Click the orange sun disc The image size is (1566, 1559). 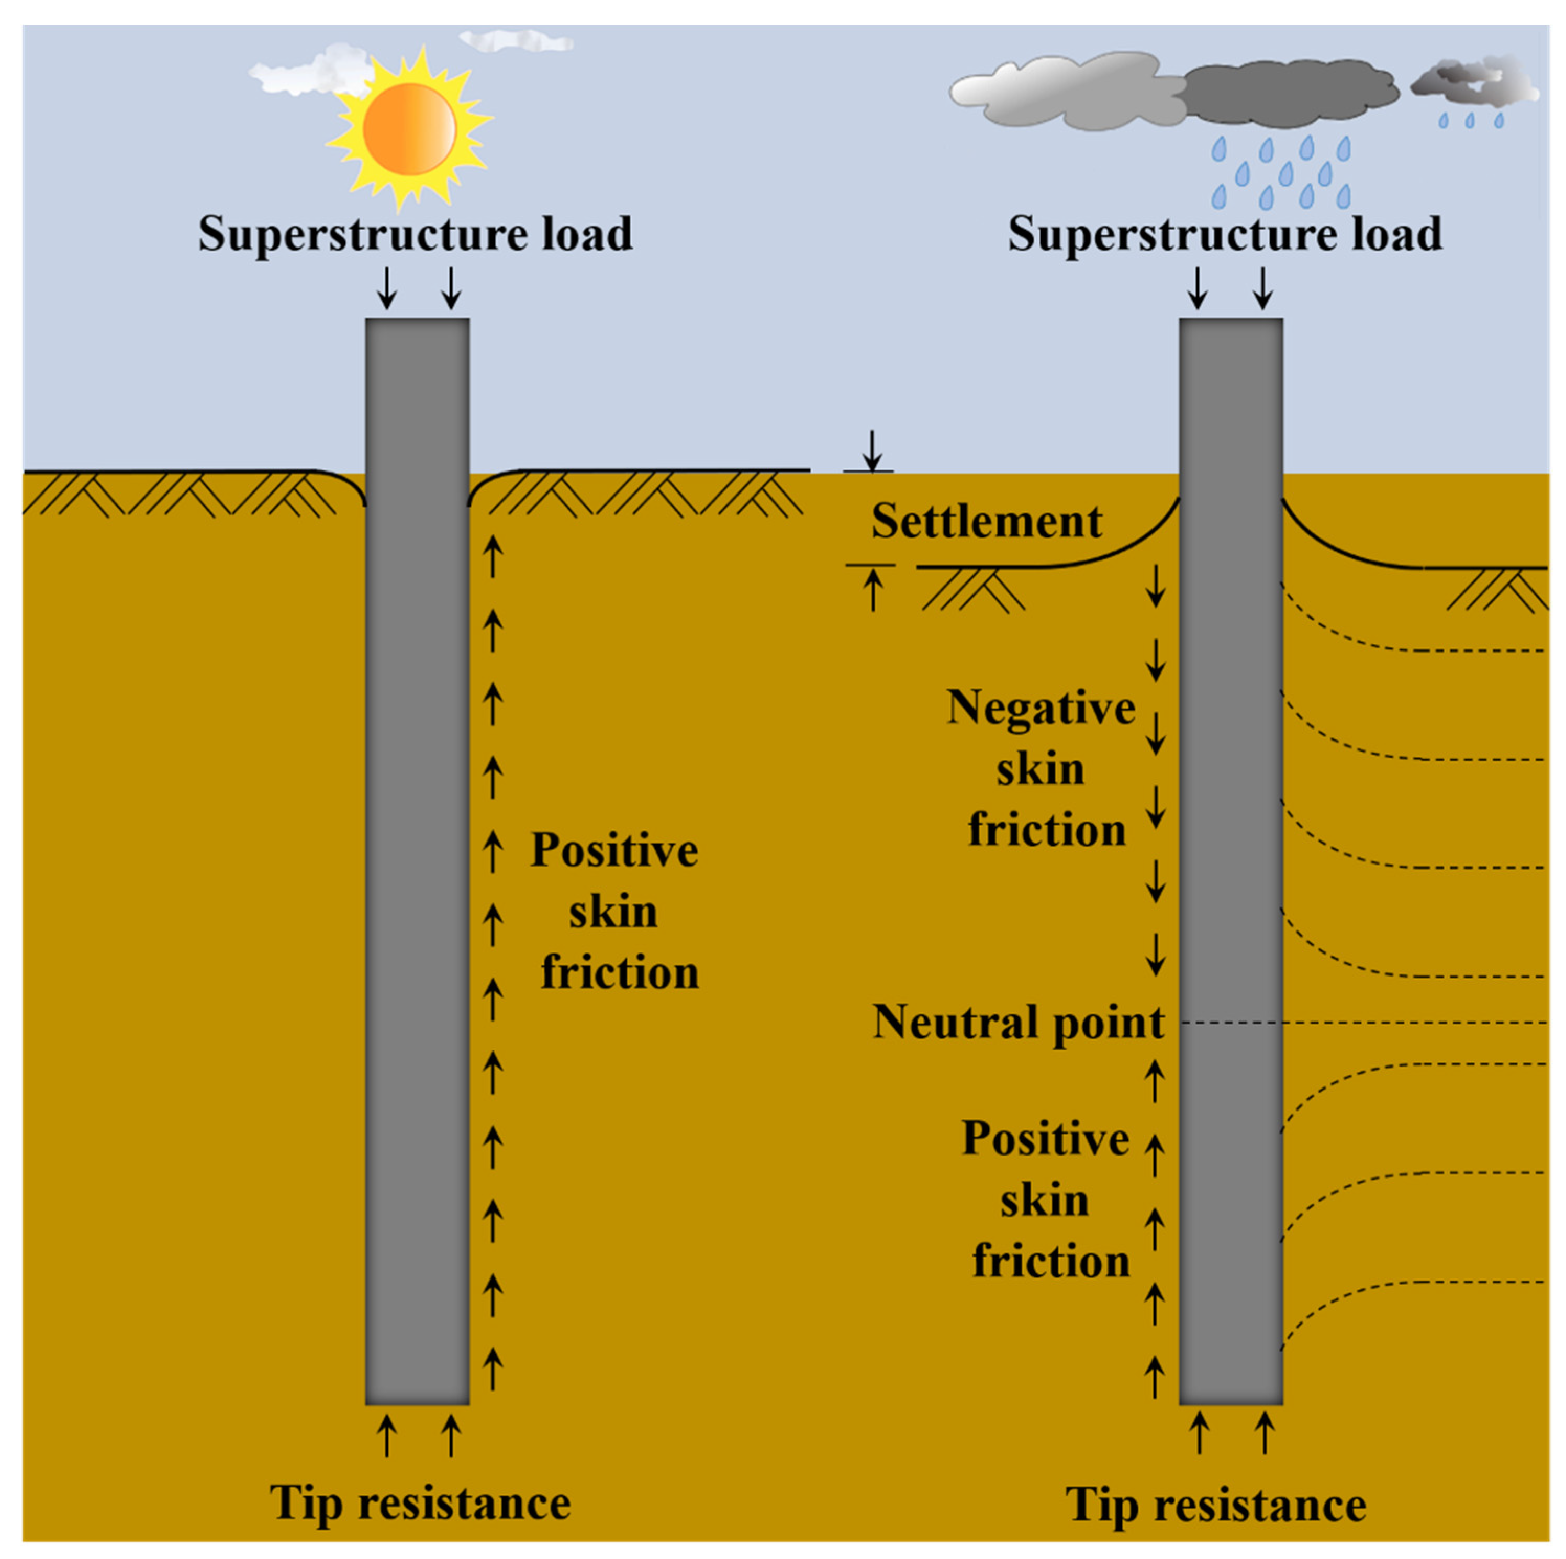tap(409, 130)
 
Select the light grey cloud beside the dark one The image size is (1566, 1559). tap(1070, 91)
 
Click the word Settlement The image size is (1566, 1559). tap(987, 521)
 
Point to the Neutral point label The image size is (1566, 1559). tap(1018, 1023)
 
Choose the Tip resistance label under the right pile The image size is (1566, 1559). tap(1216, 1506)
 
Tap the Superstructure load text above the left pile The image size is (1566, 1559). tap(415, 234)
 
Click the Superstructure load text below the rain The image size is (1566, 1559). tap(1225, 234)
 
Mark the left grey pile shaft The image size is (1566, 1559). tap(418, 859)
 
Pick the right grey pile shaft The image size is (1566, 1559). tap(1231, 859)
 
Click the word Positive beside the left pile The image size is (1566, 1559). tap(614, 851)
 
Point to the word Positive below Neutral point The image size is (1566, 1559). tap(1046, 1138)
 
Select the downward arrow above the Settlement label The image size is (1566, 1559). tap(871, 451)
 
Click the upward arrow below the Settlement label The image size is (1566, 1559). tap(872, 590)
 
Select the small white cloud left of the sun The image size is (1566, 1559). tap(304, 73)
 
